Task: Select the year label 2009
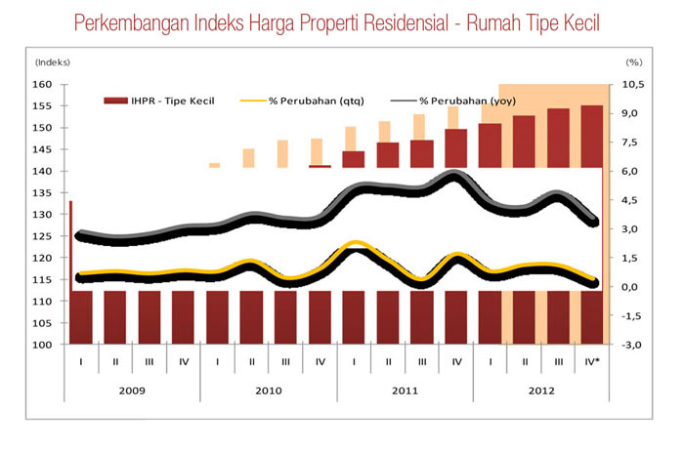(132, 390)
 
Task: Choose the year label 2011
(405, 390)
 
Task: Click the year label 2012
(540, 390)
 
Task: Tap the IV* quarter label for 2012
(592, 361)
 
